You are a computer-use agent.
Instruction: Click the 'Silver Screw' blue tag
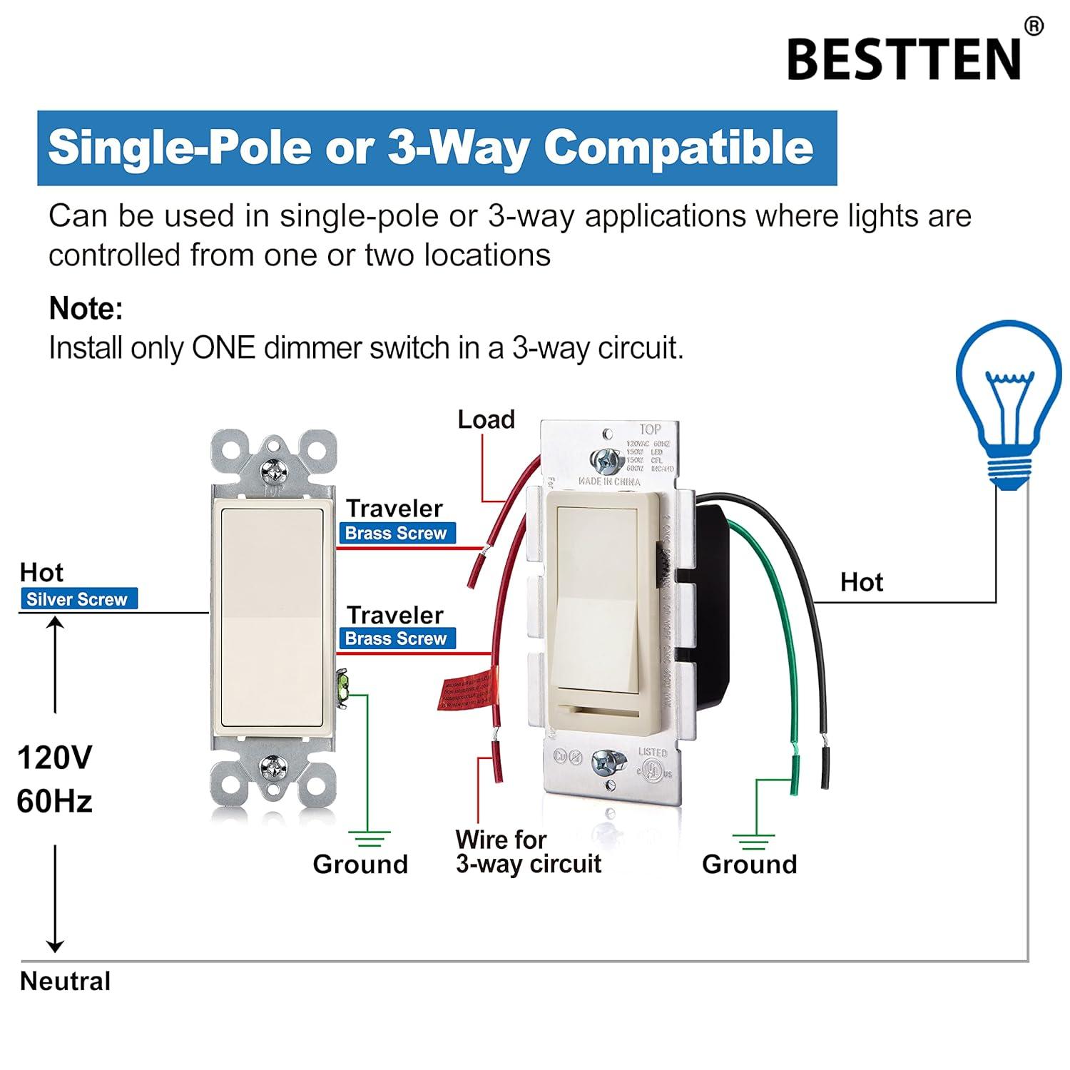[x=77, y=599]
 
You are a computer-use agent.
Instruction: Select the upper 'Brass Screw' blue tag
[x=396, y=533]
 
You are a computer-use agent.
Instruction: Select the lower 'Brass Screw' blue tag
[x=396, y=638]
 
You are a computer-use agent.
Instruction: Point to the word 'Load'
[x=486, y=419]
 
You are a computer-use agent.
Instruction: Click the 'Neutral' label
[x=66, y=982]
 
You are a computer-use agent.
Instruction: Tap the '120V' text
[x=54, y=758]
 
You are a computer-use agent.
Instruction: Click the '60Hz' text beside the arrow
[x=54, y=802]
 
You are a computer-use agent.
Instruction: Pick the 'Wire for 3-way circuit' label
[x=528, y=852]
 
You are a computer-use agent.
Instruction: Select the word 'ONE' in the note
[x=223, y=348]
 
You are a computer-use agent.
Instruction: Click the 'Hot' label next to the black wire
[x=862, y=583]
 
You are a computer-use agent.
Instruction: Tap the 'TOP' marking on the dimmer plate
[x=650, y=429]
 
